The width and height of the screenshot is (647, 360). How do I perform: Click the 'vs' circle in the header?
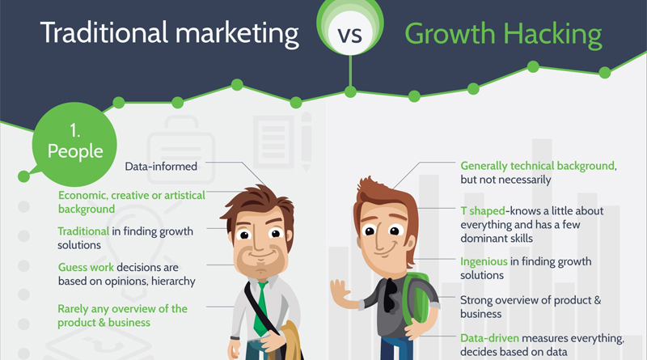(350, 28)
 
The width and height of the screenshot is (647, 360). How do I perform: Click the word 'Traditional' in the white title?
(104, 32)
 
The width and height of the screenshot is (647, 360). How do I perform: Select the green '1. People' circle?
(74, 144)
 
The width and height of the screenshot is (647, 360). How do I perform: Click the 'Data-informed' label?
(161, 167)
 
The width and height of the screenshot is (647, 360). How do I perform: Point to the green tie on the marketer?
(260, 308)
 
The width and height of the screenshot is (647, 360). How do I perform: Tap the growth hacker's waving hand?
(340, 292)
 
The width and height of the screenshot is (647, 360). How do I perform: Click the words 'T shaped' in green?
(483, 211)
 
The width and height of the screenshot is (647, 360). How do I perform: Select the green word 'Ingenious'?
(484, 262)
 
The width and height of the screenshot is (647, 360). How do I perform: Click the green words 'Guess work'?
(86, 267)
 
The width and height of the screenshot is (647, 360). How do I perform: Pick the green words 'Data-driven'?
(490, 338)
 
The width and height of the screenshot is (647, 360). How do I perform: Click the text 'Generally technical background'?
(538, 166)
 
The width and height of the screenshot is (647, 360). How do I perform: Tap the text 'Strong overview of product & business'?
(531, 307)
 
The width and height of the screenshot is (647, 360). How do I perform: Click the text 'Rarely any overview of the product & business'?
(123, 316)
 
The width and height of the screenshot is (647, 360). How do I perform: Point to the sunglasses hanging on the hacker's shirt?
(390, 295)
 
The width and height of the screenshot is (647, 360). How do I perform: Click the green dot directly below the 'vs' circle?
(350, 91)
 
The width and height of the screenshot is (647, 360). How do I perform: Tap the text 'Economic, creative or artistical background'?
(132, 202)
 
